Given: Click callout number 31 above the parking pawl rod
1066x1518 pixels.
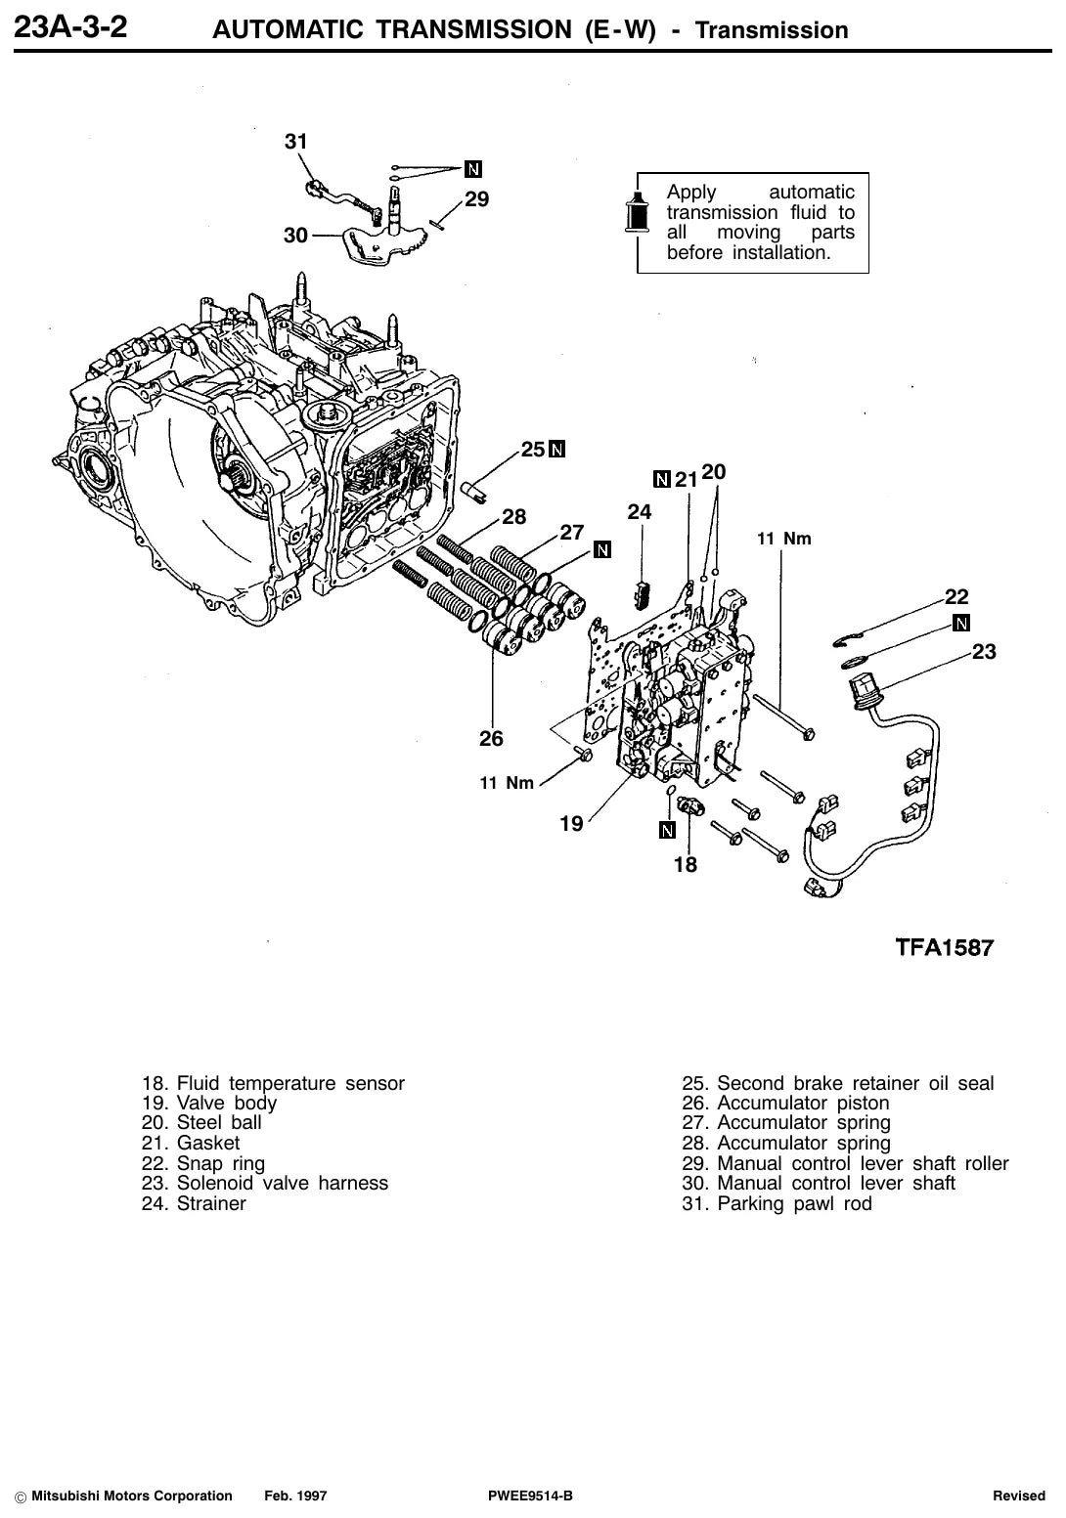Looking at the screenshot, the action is (295, 142).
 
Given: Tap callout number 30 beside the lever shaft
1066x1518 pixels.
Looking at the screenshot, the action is (295, 236).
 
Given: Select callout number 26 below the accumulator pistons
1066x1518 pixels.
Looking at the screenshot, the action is (491, 738).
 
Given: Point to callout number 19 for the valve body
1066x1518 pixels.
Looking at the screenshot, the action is (571, 823).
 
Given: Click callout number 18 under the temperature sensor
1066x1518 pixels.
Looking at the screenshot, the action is (686, 864).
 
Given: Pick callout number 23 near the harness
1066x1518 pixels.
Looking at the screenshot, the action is (984, 651).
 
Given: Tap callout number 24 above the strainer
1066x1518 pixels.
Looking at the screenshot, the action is (639, 511).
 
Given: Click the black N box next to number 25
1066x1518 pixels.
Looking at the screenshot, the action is (556, 450).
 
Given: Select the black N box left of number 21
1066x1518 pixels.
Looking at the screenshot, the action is (662, 479).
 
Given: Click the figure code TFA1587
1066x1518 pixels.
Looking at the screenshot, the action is (944, 947).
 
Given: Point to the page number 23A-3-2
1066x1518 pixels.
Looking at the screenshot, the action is (69, 27).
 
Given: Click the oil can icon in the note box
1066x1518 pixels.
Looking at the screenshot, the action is (637, 212).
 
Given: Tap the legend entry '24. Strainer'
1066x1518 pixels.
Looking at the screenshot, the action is (194, 1203).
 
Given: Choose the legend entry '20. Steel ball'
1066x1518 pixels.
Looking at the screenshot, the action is (201, 1122).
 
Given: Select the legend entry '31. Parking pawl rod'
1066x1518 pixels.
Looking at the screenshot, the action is (777, 1203).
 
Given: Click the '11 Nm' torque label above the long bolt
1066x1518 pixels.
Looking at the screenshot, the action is (784, 539).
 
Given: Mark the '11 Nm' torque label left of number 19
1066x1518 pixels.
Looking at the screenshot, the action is (507, 783).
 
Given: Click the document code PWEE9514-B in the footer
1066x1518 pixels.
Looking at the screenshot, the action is (530, 1496).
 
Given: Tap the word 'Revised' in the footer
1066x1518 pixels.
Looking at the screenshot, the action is (1018, 1496).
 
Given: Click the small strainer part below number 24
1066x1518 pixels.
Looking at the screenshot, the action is (642, 594).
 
